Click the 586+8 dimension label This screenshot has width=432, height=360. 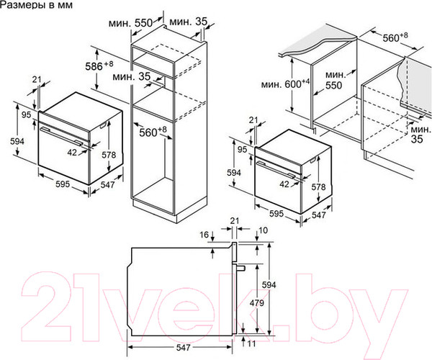[x=99, y=66]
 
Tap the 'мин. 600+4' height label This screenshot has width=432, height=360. [x=286, y=84]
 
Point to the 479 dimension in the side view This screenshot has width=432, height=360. [x=257, y=303]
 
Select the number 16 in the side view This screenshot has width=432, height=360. [x=204, y=235]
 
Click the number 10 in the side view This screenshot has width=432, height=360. [x=264, y=230]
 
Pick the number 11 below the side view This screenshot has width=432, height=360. [x=251, y=343]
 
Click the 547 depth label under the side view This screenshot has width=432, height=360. [x=183, y=347]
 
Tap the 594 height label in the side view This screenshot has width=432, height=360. [x=269, y=284]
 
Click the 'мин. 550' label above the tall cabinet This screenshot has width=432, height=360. [x=130, y=23]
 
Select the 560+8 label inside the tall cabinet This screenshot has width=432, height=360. [x=153, y=132]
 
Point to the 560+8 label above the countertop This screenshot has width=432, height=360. [x=395, y=37]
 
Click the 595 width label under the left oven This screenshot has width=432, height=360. [x=63, y=184]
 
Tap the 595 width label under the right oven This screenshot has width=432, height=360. [x=276, y=213]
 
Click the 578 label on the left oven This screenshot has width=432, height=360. [x=109, y=155]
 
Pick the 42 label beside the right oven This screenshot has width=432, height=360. [x=284, y=184]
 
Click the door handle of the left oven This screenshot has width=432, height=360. [x=60, y=135]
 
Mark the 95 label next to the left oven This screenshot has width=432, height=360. [x=27, y=114]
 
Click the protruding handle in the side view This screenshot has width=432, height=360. [x=240, y=267]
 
